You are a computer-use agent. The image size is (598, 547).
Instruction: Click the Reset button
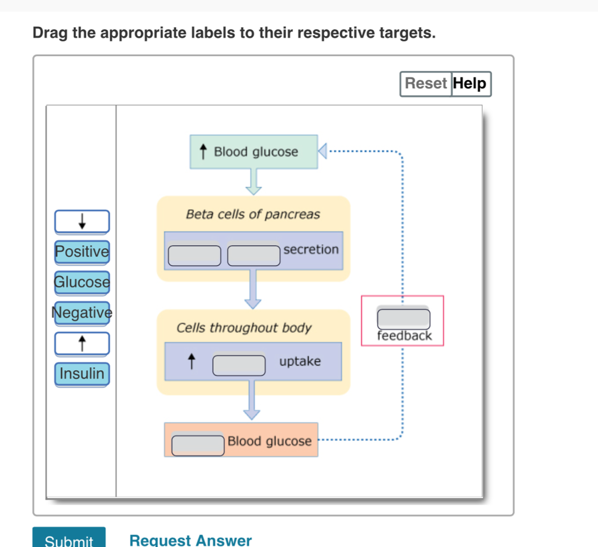[x=426, y=83]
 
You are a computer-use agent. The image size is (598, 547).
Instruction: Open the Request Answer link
[x=190, y=540]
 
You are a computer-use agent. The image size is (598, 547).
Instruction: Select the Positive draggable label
[x=82, y=252]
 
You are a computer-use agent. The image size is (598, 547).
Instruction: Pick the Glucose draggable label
[x=82, y=282]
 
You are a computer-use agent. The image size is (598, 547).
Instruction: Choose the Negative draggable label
[x=82, y=313]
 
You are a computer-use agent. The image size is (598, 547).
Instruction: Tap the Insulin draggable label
[x=82, y=374]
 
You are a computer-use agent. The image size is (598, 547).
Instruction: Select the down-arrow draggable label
[x=82, y=221]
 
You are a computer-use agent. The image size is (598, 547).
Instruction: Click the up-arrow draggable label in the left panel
[x=82, y=343]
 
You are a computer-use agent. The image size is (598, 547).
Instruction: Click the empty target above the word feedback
[x=404, y=319]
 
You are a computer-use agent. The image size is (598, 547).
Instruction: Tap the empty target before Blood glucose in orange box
[x=198, y=444]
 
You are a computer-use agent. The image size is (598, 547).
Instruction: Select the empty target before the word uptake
[x=239, y=364]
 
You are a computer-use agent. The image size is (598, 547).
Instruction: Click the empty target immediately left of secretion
[x=253, y=255]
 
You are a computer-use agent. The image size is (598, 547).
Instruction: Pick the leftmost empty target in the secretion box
[x=195, y=255]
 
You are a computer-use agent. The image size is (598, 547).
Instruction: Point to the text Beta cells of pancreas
[x=253, y=214]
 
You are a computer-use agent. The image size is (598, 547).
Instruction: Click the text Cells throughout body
[x=244, y=327]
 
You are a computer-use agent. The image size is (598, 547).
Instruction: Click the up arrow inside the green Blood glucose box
[x=203, y=152]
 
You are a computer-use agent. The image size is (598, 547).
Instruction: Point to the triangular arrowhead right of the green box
[x=322, y=152]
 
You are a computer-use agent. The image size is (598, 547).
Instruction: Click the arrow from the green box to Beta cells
[x=253, y=182]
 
